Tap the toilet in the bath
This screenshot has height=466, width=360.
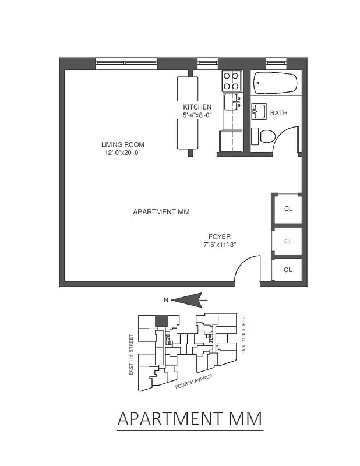tap(265, 136)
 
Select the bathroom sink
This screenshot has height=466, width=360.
tap(259, 110)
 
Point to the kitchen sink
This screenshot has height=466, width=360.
tap(231, 101)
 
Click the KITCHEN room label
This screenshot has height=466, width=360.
tap(197, 107)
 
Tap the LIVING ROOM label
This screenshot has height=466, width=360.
tap(122, 144)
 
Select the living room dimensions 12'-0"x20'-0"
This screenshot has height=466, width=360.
tap(122, 153)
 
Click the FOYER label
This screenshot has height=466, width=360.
tap(220, 237)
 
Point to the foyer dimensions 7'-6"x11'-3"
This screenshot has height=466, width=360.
tap(220, 245)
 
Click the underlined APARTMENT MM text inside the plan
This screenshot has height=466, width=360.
tap(161, 212)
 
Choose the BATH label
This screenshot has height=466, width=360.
tap(278, 114)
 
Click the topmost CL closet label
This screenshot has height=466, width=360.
tap(288, 209)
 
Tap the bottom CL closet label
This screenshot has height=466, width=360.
tap(288, 270)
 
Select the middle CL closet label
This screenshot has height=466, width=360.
tap(288, 241)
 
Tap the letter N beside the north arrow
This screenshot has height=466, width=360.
tap(166, 301)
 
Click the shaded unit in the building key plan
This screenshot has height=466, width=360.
tap(161, 321)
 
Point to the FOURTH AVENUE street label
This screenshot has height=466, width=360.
tap(193, 381)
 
